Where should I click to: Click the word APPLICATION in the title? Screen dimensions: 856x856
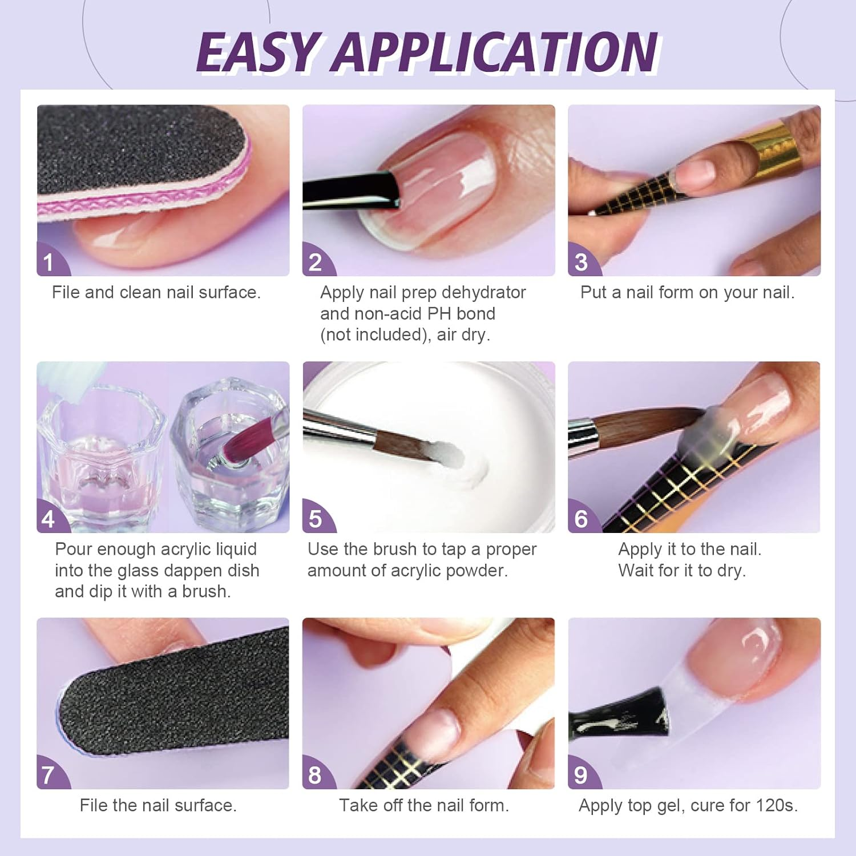pos(496,53)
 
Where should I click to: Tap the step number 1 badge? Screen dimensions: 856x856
pos(49,263)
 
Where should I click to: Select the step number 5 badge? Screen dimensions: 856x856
pos(315,519)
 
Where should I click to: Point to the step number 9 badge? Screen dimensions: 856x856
pos(581,775)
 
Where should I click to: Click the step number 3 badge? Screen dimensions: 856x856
pos(581,263)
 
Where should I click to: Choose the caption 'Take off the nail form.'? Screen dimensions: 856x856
pos(423,805)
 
